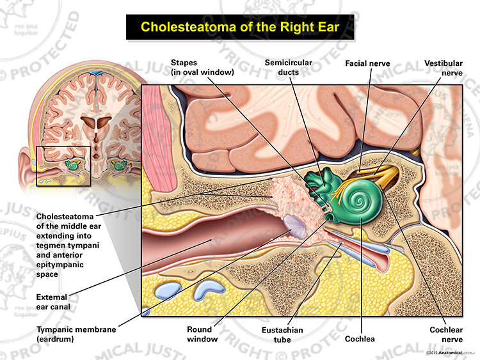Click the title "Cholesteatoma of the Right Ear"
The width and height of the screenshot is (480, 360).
tap(240, 27)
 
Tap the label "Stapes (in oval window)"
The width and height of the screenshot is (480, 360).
tap(202, 67)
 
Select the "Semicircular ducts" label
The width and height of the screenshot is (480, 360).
tap(289, 67)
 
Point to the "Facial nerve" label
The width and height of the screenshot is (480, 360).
tap(367, 63)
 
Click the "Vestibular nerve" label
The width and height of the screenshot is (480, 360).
tap(444, 68)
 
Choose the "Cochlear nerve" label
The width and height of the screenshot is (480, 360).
tap(446, 334)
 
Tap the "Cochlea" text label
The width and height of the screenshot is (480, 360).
tap(360, 339)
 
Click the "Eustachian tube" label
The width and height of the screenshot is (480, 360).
tap(282, 334)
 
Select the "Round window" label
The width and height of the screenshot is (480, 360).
tap(202, 334)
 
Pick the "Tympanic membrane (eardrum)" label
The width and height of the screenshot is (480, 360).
tap(76, 334)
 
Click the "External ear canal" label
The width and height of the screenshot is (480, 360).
tap(53, 302)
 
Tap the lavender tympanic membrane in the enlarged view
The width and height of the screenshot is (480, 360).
tap(294, 226)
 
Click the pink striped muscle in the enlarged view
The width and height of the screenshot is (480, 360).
tap(160, 137)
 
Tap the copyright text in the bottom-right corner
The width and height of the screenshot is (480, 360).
tap(444, 353)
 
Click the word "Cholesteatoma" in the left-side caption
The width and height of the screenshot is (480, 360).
tap(65, 217)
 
